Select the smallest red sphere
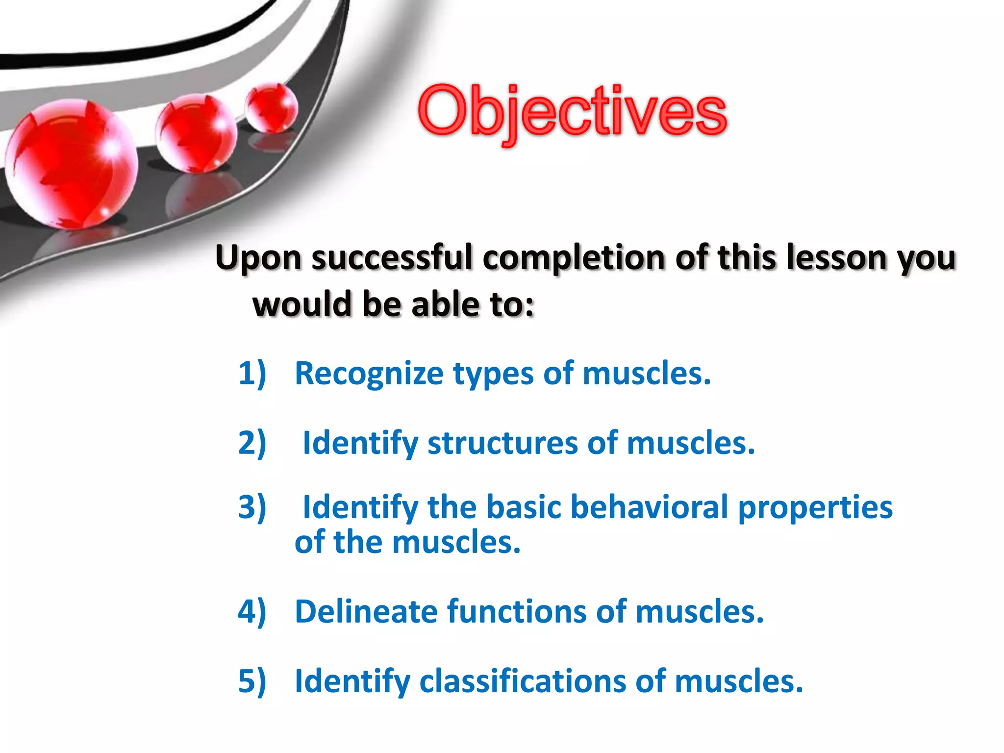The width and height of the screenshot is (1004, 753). (271, 108)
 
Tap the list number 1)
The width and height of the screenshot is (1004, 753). (252, 374)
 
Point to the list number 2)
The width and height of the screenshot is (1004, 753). (252, 443)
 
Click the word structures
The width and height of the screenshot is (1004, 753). (502, 443)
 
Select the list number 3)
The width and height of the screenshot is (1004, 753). (252, 507)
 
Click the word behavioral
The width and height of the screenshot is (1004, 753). (649, 507)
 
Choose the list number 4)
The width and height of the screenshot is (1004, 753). (252, 612)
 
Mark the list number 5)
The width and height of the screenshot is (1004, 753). (252, 681)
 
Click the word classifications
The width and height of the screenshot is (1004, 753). (522, 681)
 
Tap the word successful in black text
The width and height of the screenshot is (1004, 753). (392, 258)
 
